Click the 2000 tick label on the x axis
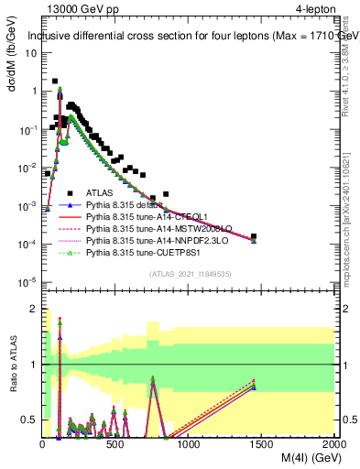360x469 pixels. click(x=333, y=444)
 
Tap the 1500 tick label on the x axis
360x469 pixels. click(x=261, y=444)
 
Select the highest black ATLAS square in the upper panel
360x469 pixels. click(x=55, y=82)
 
